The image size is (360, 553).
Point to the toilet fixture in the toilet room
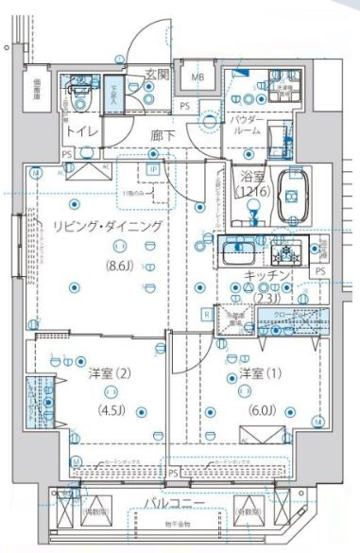(x=80, y=102)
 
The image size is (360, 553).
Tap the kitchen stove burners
(x=284, y=251)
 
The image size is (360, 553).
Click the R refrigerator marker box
(x=206, y=314)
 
